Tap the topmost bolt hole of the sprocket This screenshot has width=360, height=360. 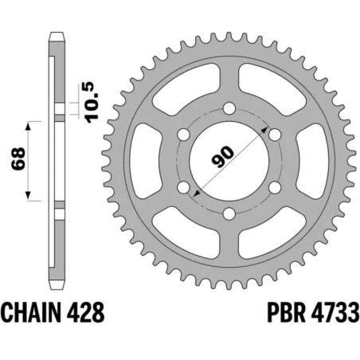coord(229,108)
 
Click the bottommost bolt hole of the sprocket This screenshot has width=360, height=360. coord(229,213)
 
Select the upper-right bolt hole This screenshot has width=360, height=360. coord(274,135)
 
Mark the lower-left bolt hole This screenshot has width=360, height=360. coord(183,186)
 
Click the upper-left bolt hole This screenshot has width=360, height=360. coord(183,135)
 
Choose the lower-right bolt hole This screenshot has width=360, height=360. coord(274,186)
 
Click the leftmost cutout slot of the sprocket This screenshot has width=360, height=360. coord(146,160)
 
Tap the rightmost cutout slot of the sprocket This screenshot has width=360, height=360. coord(311,160)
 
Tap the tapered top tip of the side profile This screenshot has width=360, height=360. coord(57,36)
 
